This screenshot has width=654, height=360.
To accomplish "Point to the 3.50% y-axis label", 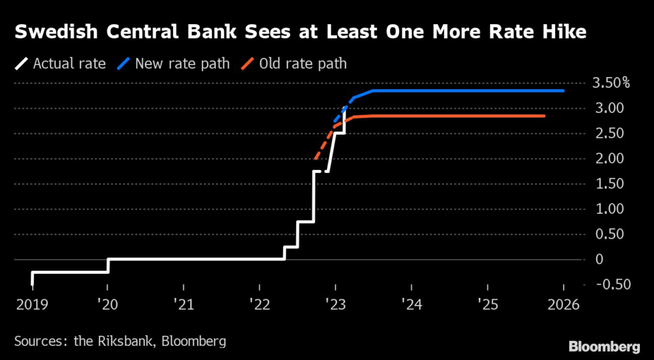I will click(x=611, y=83).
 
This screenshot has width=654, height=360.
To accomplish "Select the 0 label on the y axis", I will click(x=598, y=259).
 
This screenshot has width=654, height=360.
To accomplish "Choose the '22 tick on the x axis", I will click(x=259, y=305).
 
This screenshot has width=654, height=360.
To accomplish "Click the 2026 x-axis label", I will click(x=563, y=305).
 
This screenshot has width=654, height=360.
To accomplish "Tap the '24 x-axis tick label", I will click(x=411, y=305).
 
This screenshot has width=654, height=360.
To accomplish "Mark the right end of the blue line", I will click(x=563, y=91).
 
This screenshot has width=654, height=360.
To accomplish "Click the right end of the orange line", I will click(x=544, y=116).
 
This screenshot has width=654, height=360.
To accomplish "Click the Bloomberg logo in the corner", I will click(x=604, y=347).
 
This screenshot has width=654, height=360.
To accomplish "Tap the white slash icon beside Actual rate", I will click(x=22, y=64).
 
